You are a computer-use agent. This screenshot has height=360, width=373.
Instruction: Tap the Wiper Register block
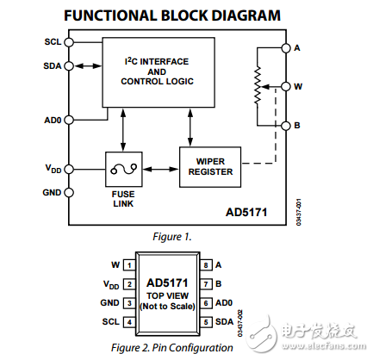click(210, 165)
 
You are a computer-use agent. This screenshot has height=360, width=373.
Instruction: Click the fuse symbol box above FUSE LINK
click(121, 167)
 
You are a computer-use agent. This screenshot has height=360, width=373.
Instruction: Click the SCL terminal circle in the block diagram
click(68, 42)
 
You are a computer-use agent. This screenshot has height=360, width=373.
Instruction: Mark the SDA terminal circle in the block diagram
click(68, 65)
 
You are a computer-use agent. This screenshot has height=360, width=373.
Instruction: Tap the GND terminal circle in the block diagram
click(68, 192)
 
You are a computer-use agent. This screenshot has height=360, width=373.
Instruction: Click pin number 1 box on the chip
click(127, 265)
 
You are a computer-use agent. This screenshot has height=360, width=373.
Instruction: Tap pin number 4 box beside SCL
click(127, 322)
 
